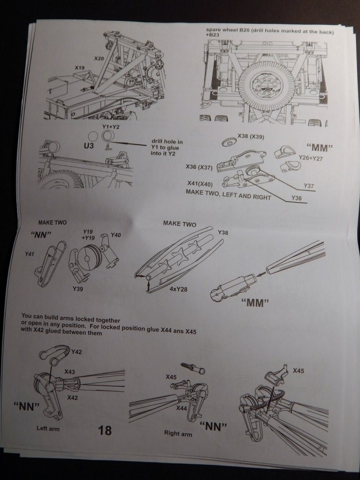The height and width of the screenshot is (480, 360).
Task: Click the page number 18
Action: [105, 430]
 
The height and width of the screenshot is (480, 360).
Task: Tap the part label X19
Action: [80, 67]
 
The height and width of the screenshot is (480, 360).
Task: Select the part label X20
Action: [98, 58]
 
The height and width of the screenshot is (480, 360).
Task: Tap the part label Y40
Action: [116, 234]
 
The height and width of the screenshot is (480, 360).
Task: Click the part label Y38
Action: [223, 232]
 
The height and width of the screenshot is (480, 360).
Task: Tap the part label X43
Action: [70, 372]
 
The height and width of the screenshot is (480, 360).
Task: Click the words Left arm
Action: [48, 428]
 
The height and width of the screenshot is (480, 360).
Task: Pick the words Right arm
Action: [178, 434]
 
